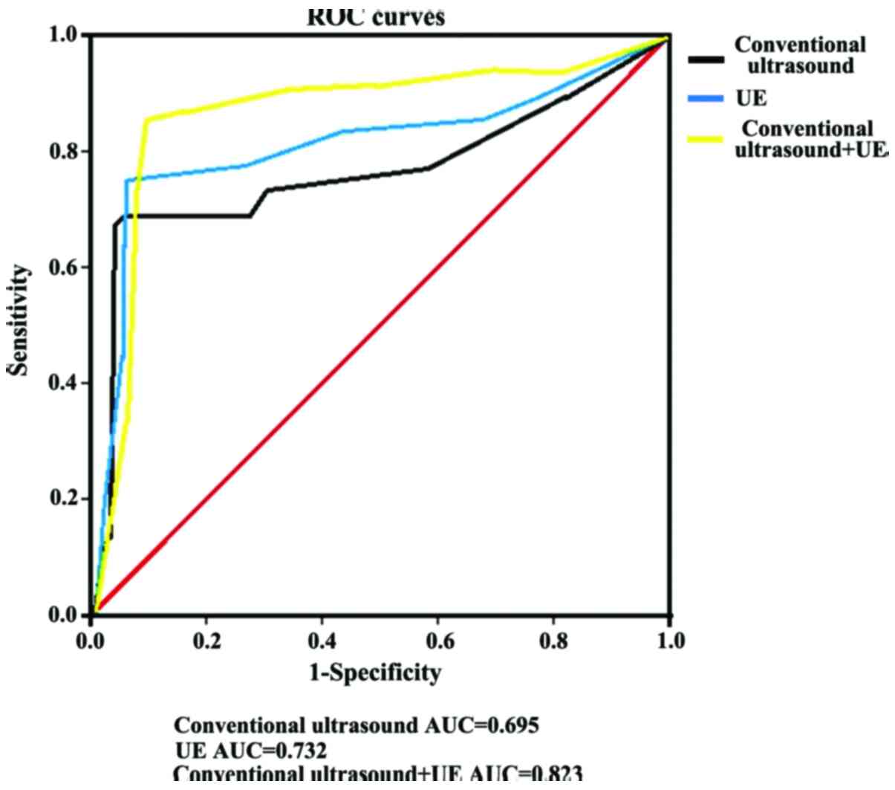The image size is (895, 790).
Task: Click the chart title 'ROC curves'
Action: point(376,16)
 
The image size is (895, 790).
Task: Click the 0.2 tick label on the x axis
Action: point(206,641)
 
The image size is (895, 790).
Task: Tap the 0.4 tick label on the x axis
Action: point(322,641)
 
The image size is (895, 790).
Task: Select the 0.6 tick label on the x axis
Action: point(437,641)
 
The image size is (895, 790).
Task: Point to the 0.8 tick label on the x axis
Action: point(553,641)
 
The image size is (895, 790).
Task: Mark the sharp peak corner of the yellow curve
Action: point(147,119)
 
